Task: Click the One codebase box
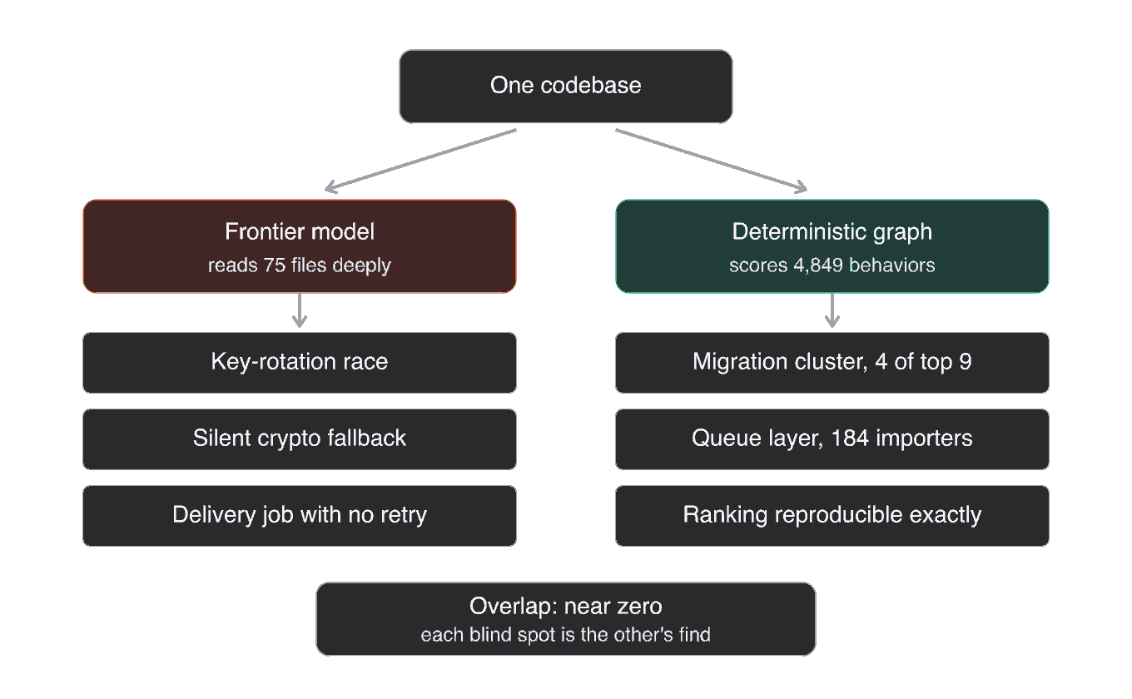tap(565, 87)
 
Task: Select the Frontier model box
tap(300, 246)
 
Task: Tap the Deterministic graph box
tap(832, 246)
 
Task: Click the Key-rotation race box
tap(300, 363)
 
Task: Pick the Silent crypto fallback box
tap(300, 439)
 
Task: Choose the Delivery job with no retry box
tap(300, 516)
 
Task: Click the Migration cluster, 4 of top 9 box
tap(832, 363)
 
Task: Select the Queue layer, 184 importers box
tap(832, 439)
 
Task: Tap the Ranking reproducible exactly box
tap(832, 516)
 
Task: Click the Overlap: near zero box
tap(565, 619)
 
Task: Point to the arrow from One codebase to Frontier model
tap(420, 161)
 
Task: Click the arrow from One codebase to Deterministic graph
tap(711, 161)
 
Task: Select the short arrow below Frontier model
tap(300, 310)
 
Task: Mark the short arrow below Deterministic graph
tap(832, 310)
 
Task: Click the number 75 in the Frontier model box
tap(275, 265)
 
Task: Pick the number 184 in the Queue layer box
tap(850, 438)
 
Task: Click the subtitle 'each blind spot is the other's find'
tap(565, 635)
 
